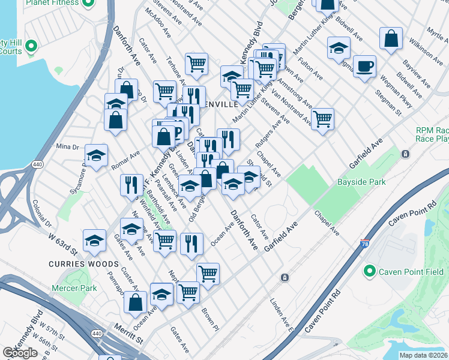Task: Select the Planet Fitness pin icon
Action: [88, 2]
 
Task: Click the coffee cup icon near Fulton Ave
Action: [364, 66]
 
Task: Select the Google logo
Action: [20, 353]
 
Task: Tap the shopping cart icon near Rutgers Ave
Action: [323, 118]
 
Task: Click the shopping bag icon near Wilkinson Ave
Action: [391, 39]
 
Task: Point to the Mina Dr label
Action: [67, 146]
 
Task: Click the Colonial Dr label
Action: [43, 212]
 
